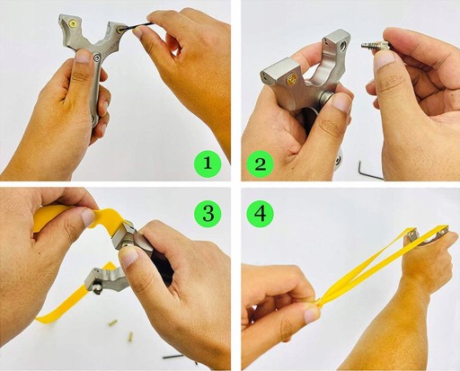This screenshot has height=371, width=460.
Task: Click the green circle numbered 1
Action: (208, 163)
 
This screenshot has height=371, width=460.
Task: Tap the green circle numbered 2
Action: (260, 163)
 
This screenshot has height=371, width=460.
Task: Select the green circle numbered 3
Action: (208, 213)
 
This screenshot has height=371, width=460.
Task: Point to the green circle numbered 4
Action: (260, 214)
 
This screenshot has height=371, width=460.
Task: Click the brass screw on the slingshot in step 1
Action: (73, 22)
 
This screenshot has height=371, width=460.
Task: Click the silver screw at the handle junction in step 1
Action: (97, 57)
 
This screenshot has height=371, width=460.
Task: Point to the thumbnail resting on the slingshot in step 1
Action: (84, 57)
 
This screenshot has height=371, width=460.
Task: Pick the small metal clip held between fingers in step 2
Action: (375, 46)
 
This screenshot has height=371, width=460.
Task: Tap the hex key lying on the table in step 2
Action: (370, 171)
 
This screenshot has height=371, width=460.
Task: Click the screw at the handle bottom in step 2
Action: (339, 161)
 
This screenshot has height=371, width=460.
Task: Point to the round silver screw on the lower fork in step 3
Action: (96, 289)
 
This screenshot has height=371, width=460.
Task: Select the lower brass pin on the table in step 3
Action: (130, 337)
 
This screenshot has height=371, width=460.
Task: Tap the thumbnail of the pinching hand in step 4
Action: (312, 315)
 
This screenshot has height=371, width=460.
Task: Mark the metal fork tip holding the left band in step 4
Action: (411, 235)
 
